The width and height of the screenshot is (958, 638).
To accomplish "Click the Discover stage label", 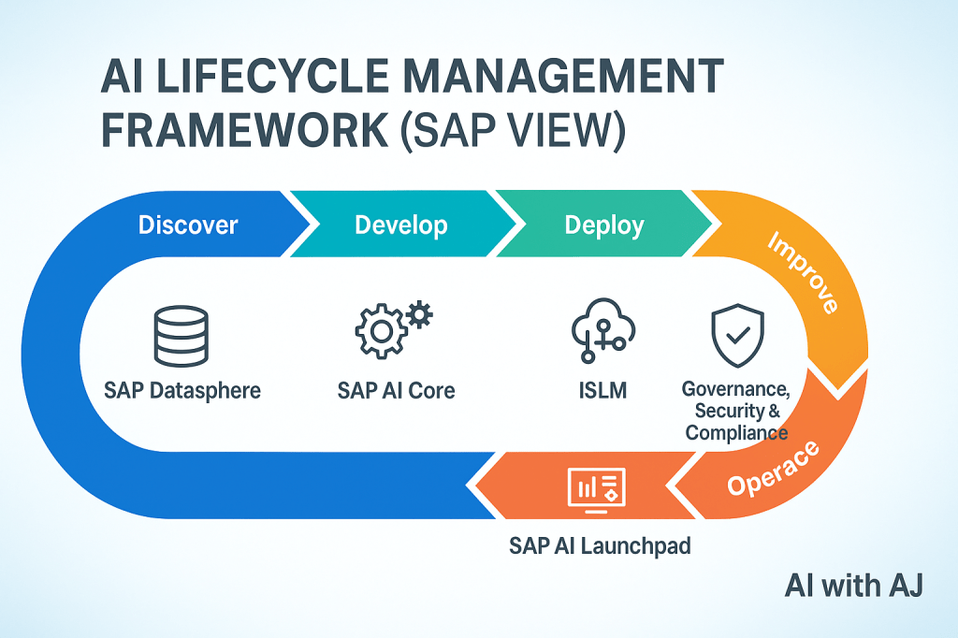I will click(x=188, y=225).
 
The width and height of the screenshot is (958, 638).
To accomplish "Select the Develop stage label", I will click(x=400, y=225).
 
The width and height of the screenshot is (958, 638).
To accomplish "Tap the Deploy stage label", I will click(x=604, y=225).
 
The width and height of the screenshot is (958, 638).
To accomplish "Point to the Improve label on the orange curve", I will click(x=802, y=272).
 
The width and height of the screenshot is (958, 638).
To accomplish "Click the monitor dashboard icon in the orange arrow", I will click(x=596, y=488).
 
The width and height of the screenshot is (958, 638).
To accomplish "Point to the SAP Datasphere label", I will click(x=182, y=389).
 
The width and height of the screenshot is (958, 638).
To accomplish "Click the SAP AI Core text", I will click(x=396, y=389).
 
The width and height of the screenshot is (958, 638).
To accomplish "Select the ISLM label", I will click(x=602, y=389).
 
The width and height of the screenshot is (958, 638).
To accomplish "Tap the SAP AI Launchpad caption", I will click(x=600, y=545).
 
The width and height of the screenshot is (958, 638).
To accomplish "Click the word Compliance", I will click(x=736, y=433).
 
